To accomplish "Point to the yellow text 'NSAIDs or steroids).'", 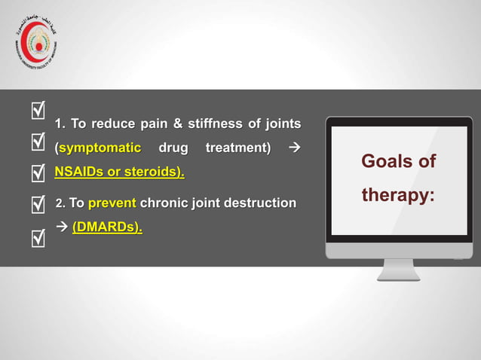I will (119, 172).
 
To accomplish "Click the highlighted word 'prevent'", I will (112, 203).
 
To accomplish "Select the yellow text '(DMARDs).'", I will (107, 227).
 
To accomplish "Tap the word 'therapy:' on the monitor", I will (398, 195).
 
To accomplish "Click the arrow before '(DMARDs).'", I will (62, 227).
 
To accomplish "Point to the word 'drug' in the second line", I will (173, 148).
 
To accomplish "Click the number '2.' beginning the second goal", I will (61, 203).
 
